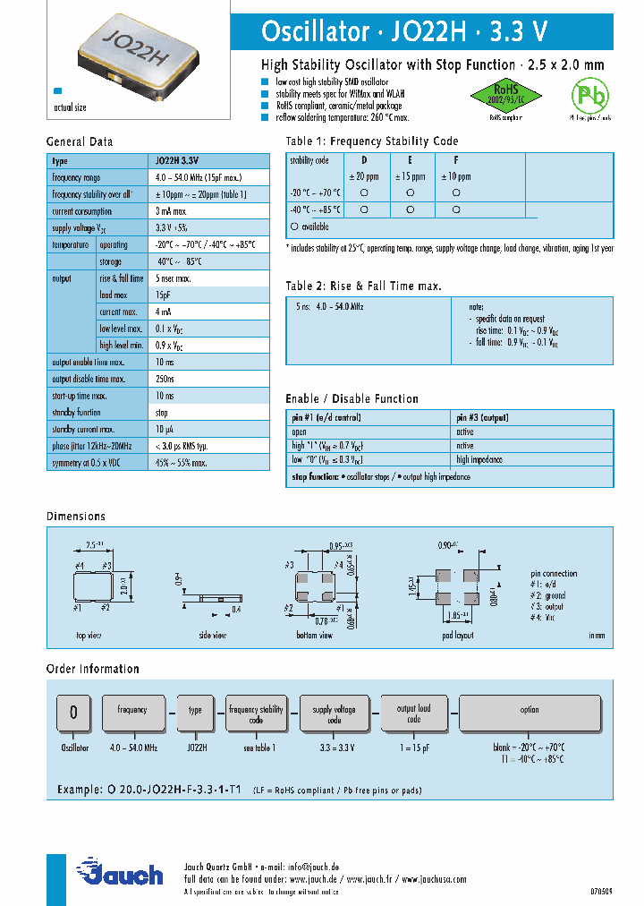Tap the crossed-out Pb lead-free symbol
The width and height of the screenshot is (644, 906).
[589, 96]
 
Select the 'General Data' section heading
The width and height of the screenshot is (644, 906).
[80, 141]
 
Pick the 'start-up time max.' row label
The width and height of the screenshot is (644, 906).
[80, 395]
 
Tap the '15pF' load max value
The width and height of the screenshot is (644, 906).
[164, 295]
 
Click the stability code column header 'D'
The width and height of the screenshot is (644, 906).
[363, 160]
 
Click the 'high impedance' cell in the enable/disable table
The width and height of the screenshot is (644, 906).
[479, 459]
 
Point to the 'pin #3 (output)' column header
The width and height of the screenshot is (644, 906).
[485, 417]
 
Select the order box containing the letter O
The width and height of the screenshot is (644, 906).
[74, 714]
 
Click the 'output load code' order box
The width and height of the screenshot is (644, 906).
[413, 714]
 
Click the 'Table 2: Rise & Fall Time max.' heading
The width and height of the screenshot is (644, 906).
[363, 286]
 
